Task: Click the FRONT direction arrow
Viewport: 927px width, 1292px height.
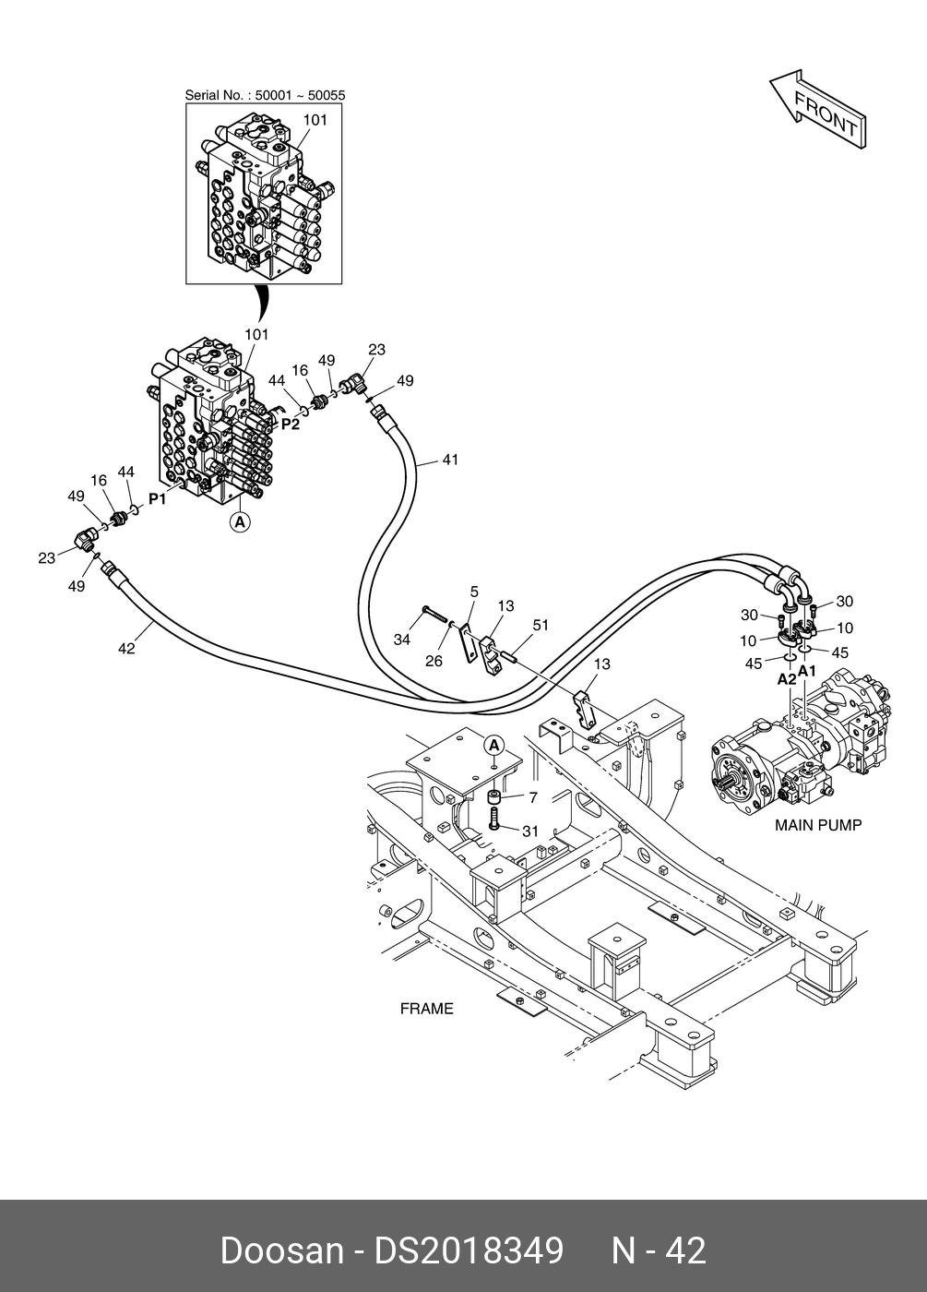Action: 818,109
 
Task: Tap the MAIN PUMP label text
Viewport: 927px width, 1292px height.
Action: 818,825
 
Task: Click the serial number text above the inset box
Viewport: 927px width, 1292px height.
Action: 266,95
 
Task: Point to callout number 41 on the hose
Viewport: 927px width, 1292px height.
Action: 450,460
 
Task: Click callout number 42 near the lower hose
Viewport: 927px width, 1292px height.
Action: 126,649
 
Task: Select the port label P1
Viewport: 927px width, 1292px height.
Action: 158,499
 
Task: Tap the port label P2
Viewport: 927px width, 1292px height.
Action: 291,425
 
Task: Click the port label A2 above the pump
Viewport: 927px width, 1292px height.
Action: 787,679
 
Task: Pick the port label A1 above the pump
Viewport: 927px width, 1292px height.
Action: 807,671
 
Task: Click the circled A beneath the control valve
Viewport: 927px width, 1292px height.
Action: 241,522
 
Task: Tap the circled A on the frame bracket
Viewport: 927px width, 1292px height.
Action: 494,747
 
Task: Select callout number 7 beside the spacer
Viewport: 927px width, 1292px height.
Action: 533,797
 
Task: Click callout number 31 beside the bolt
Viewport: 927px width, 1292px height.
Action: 529,831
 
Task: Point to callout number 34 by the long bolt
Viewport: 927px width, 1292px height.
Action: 402,640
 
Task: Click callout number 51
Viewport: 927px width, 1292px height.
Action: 541,626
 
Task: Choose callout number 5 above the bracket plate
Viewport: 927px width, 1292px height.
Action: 474,592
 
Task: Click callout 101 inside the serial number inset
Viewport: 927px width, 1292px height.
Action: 315,120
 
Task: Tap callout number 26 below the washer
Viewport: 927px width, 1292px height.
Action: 434,661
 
